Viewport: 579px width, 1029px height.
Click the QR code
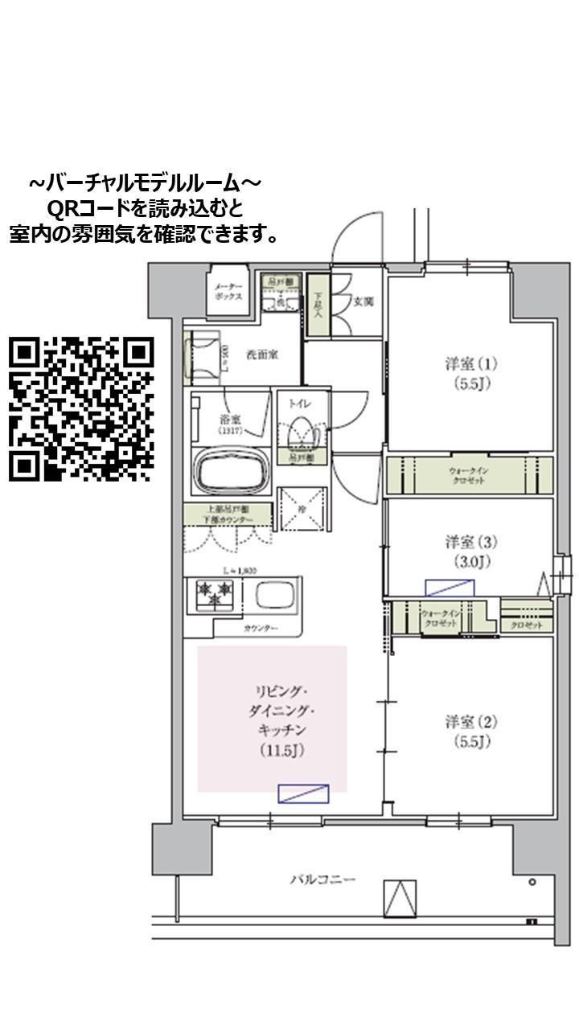(80, 409)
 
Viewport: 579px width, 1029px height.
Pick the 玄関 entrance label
(363, 302)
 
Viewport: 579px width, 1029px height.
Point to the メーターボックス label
(226, 291)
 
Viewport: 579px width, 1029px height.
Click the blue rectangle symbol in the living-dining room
(303, 793)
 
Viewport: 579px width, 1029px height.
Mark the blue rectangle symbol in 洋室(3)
(450, 588)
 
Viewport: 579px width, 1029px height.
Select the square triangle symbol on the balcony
(400, 898)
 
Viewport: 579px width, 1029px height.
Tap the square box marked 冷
(302, 509)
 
